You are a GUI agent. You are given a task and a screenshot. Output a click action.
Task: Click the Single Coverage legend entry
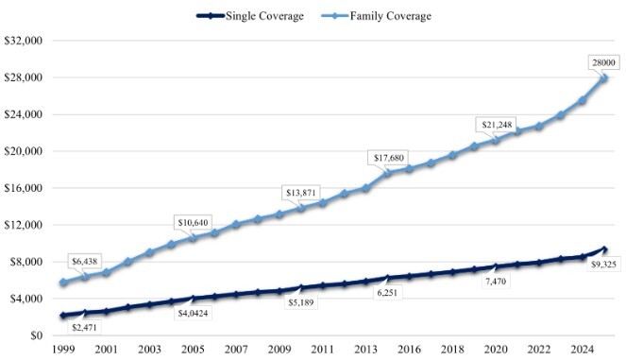(x=250, y=16)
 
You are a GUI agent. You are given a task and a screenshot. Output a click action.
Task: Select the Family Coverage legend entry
(x=377, y=16)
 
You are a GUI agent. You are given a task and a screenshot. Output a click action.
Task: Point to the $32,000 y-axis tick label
(x=24, y=41)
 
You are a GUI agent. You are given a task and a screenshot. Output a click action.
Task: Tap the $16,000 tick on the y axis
(x=24, y=188)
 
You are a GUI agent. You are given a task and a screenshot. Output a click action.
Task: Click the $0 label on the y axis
(x=36, y=335)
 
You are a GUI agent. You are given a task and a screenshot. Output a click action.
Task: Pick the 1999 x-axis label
(x=63, y=350)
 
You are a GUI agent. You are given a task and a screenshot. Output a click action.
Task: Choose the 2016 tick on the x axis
(x=409, y=350)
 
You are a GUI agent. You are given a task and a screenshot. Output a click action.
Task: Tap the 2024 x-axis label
(x=582, y=350)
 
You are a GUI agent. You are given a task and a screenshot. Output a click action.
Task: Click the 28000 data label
(x=603, y=62)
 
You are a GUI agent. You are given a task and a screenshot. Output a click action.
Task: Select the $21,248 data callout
(x=497, y=125)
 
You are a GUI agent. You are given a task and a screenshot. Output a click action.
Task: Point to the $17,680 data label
(x=389, y=158)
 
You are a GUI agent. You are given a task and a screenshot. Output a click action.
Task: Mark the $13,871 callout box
(x=300, y=193)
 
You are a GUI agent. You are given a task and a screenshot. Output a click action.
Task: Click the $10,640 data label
(x=193, y=223)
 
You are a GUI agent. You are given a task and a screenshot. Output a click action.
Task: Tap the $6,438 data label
(x=85, y=262)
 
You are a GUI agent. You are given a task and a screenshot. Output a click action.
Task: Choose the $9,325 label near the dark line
(x=603, y=265)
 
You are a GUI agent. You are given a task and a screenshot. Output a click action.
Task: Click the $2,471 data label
(x=84, y=328)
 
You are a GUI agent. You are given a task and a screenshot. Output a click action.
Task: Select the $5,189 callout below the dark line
(x=301, y=302)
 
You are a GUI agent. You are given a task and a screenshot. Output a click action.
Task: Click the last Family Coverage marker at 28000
(x=603, y=77)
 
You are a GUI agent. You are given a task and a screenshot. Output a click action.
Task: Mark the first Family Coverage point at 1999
(x=63, y=283)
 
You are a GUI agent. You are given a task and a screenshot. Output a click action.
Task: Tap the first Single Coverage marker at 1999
(x=63, y=316)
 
